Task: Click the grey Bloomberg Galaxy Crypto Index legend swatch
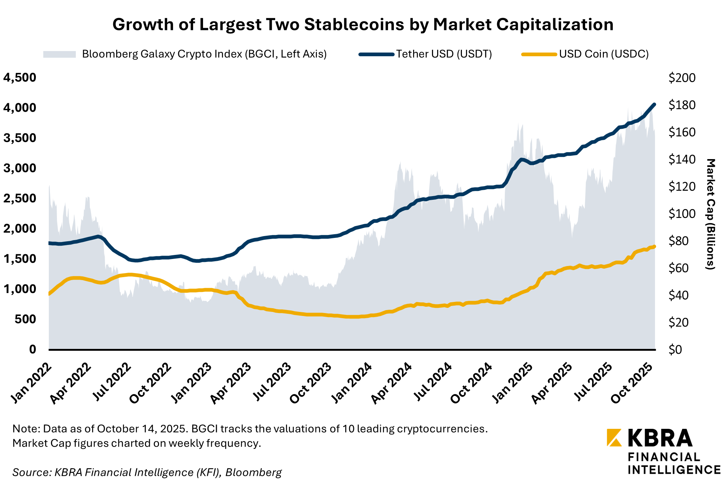[60, 54]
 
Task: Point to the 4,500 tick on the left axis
[20, 78]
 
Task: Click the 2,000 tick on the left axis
[20, 229]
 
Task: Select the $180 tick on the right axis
[682, 105]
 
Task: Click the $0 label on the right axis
[675, 350]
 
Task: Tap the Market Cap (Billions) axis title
[710, 214]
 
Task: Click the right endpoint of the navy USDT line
[654, 105]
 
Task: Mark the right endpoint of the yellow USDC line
[654, 246]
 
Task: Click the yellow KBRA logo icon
[614, 438]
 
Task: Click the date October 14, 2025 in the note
[141, 429]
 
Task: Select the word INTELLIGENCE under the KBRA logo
[674, 470]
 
